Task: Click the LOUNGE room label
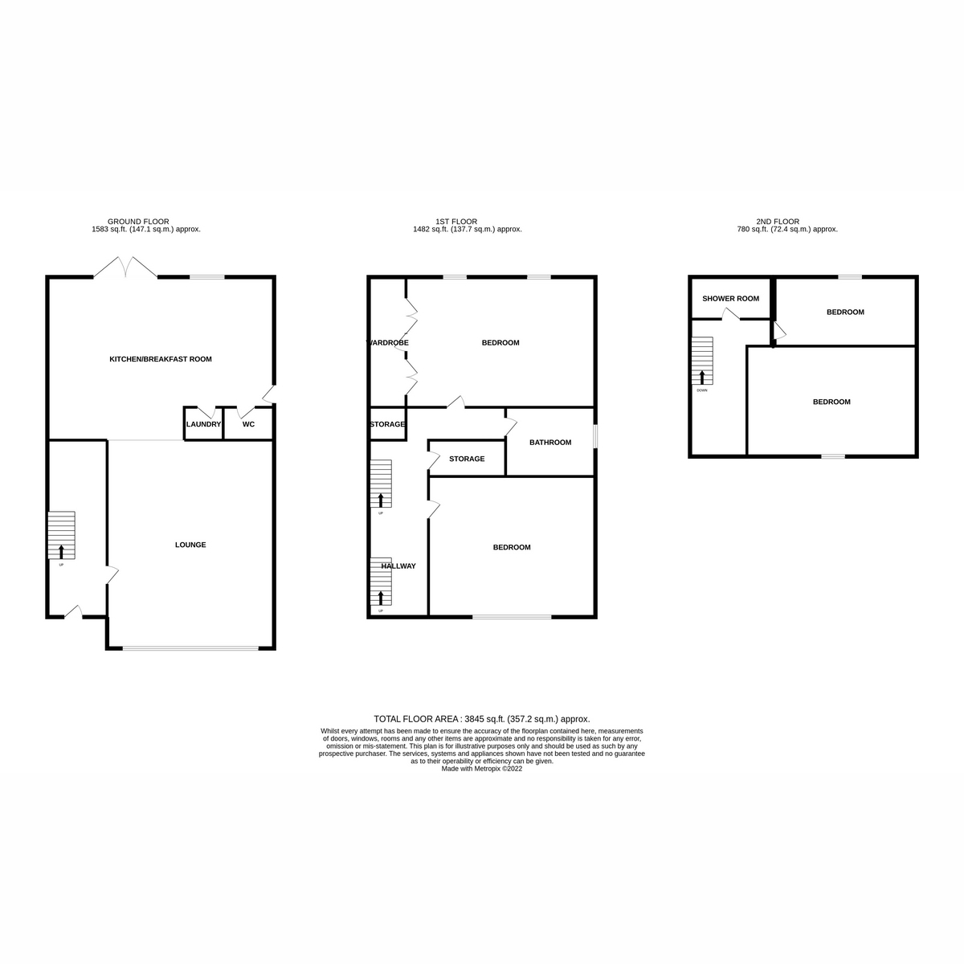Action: tap(190, 545)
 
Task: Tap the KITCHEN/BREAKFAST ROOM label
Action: tap(161, 359)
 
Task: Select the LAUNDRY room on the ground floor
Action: tap(203, 424)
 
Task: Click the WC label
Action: tap(248, 424)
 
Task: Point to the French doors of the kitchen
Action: tap(125, 268)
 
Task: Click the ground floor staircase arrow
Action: tap(62, 551)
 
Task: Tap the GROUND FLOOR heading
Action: tap(138, 221)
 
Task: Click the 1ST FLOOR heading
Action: tap(456, 221)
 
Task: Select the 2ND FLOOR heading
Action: tap(778, 221)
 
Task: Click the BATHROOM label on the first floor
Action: tap(550, 443)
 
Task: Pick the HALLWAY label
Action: tap(398, 566)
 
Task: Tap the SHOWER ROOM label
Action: tap(730, 299)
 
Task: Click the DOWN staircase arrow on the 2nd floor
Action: tap(702, 378)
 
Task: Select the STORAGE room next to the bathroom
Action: tap(467, 459)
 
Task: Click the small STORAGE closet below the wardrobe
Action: tap(387, 424)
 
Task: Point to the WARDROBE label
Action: tap(389, 343)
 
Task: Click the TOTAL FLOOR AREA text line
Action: tap(482, 719)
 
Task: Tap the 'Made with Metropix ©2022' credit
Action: tap(482, 769)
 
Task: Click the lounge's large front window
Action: tap(191, 648)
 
